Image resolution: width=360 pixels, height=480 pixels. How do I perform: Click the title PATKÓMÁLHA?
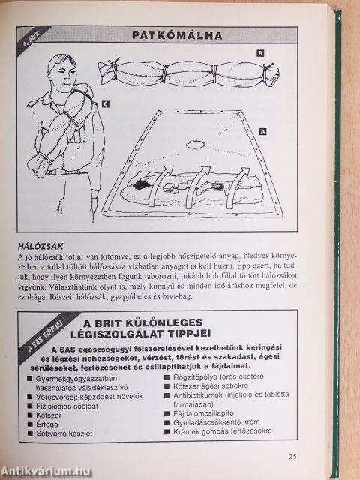point(177,35)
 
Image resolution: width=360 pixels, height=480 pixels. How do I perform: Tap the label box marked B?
point(260,53)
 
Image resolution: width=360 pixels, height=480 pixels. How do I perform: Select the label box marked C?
point(105,104)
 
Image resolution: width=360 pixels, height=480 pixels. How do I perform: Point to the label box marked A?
point(262,132)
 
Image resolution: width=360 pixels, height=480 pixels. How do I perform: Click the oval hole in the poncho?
point(195,145)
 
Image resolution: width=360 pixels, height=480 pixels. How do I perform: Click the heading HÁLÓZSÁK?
point(40,246)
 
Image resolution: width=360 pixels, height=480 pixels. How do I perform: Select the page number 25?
point(292,457)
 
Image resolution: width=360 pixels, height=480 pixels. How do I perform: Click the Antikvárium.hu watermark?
point(46,471)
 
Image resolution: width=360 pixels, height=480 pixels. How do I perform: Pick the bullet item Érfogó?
point(47,424)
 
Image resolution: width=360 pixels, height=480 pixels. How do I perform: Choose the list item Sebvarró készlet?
point(64,433)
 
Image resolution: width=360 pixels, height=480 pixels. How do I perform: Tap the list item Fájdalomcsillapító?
point(203,413)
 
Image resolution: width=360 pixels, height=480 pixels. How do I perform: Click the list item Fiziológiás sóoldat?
point(67,406)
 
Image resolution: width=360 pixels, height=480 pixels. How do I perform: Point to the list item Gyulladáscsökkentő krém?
point(217,422)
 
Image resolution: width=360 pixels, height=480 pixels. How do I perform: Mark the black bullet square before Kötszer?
point(30,415)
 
